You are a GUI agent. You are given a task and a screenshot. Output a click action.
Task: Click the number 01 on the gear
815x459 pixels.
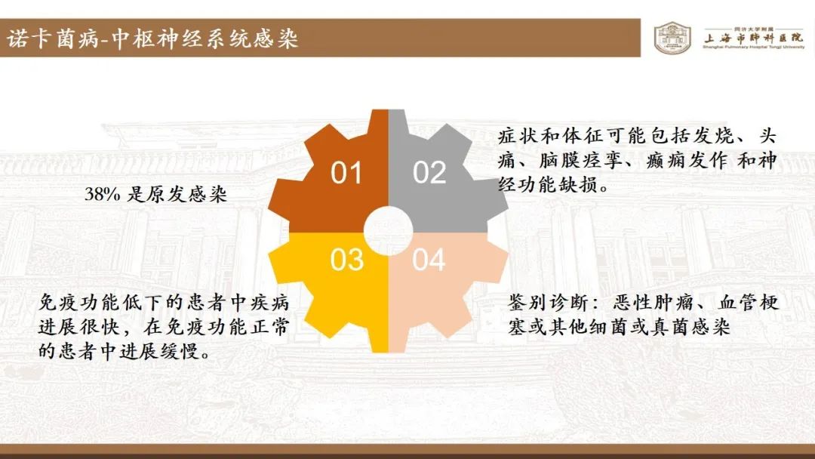click(x=346, y=173)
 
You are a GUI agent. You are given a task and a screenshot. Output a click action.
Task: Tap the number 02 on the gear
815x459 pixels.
click(x=429, y=173)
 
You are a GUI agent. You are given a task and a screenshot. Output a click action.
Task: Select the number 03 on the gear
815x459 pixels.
click(x=346, y=260)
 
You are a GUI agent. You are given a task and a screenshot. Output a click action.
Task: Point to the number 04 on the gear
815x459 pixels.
click(x=429, y=260)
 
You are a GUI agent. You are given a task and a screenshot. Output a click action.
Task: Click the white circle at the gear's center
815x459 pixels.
click(x=389, y=231)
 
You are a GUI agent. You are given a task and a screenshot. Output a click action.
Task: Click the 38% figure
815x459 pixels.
click(x=103, y=195)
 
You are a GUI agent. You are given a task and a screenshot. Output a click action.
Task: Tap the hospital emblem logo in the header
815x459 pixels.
click(x=672, y=38)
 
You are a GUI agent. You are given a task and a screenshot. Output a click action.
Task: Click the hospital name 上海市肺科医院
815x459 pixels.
click(x=754, y=38)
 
